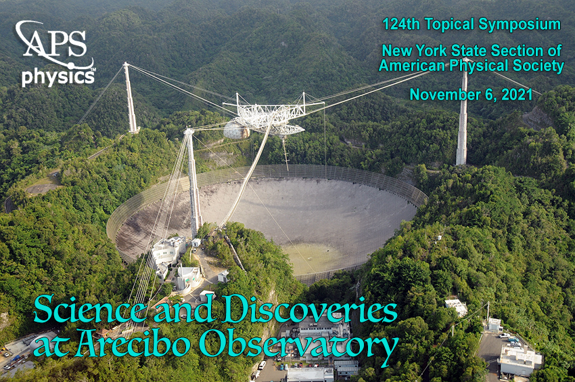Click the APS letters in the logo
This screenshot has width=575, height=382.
[x=55, y=43]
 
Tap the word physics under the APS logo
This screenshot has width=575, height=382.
[x=58, y=77]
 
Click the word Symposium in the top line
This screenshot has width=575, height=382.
[x=520, y=25]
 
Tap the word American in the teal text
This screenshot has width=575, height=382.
[x=412, y=66]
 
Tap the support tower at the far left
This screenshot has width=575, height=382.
[x=131, y=98]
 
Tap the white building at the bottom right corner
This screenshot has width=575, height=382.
[x=520, y=361]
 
